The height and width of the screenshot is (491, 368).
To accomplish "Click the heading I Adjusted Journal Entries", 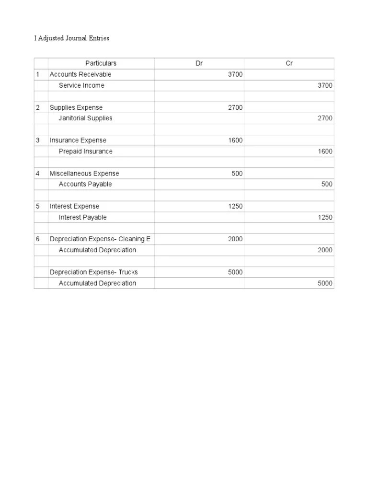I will click(x=72, y=38).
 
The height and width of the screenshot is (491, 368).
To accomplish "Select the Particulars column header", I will click(x=101, y=63).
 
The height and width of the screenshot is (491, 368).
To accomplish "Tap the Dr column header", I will click(x=199, y=63).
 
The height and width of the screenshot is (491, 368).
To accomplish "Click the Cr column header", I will click(x=289, y=63).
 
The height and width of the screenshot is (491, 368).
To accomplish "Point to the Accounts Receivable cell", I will click(x=80, y=74).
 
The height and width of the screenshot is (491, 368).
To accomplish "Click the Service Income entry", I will click(x=81, y=85).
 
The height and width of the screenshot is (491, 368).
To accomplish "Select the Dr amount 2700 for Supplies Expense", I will click(x=235, y=107).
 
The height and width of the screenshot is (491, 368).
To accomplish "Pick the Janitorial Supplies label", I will click(x=86, y=118).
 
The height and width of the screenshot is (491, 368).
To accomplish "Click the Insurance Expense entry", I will click(x=78, y=140).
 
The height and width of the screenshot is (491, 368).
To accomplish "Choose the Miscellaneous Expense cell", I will click(x=84, y=173).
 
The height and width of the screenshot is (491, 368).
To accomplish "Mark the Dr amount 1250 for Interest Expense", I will click(x=235, y=206).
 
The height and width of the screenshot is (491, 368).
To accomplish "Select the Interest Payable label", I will click(x=83, y=217).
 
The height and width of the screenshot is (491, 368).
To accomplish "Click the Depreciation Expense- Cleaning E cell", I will click(x=100, y=239).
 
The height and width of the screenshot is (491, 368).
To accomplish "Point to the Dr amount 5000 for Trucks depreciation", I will click(x=235, y=272).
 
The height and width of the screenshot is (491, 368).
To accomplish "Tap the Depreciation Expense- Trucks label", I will click(x=94, y=272).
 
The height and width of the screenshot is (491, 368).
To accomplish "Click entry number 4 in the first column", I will click(x=38, y=173).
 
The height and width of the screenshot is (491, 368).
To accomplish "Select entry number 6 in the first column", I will click(x=38, y=239).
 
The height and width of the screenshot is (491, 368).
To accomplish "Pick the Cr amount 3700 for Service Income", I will click(x=325, y=85).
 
